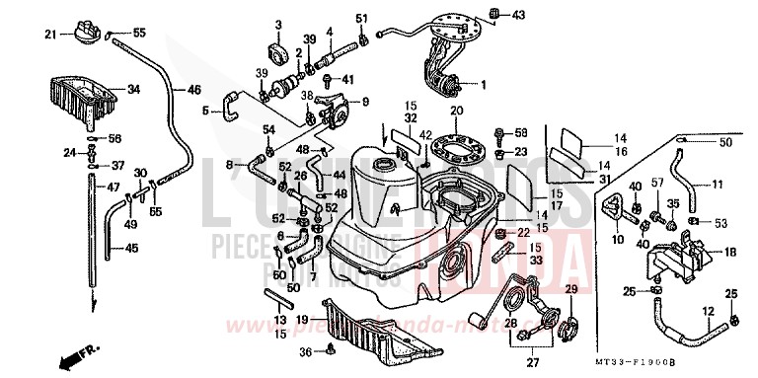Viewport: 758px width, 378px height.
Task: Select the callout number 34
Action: coord(133,91)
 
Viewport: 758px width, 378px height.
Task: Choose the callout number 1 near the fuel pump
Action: coord(484,85)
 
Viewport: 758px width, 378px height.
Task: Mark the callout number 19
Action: coord(304,319)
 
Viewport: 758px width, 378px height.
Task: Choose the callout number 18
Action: coord(730,252)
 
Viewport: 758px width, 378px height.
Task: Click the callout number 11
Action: coord(718,183)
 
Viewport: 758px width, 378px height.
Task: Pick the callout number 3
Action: coord(278,25)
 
